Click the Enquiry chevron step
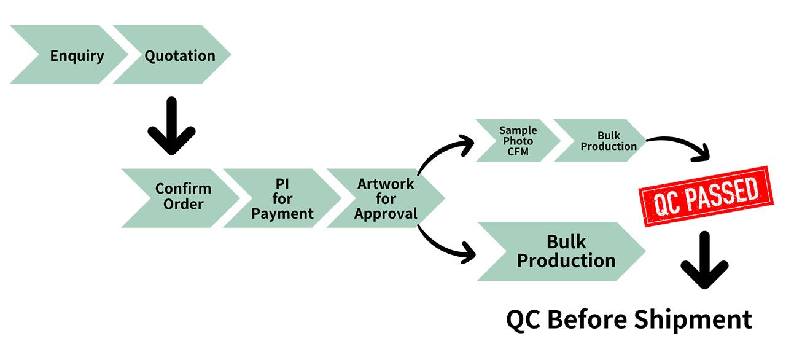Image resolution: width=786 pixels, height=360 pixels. [x=70, y=55]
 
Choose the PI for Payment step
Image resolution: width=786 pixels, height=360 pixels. [x=282, y=198]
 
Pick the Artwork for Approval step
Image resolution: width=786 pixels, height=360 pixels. [x=386, y=198]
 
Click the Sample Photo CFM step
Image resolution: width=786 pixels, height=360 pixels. [x=518, y=141]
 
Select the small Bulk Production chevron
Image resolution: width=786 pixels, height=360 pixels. [x=601, y=141]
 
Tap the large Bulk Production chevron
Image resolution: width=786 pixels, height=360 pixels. [x=562, y=251]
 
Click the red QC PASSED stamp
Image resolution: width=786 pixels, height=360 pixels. [x=706, y=197]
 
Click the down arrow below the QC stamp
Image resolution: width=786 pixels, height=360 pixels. [x=704, y=260]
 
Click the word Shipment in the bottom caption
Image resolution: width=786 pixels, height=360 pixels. [x=693, y=320]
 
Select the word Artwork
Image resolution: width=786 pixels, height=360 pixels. [x=386, y=184]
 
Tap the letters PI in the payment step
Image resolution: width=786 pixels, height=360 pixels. [x=282, y=184]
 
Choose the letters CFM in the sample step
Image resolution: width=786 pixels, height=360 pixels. [x=518, y=152]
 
